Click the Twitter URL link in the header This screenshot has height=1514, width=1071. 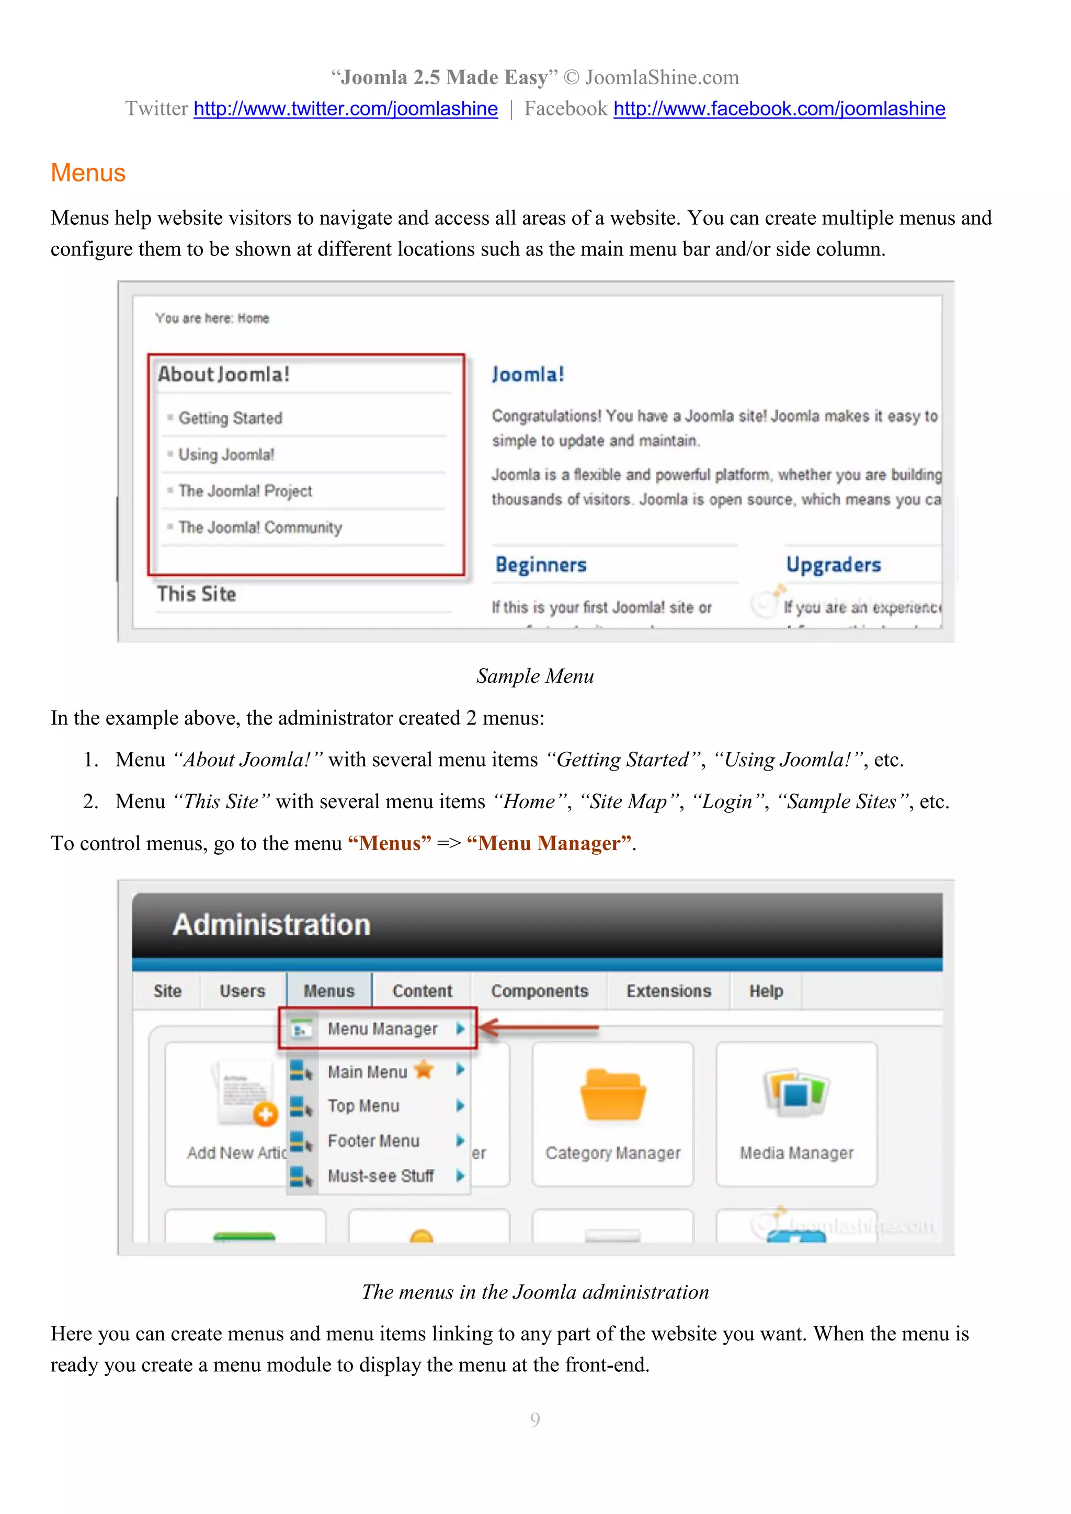point(346,109)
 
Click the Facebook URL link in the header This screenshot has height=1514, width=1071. point(779,109)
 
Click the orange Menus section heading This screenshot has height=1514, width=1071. point(88,173)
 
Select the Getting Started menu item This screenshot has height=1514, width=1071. point(230,418)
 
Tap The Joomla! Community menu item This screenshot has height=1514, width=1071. point(260,527)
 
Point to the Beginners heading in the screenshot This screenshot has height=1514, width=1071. point(541,565)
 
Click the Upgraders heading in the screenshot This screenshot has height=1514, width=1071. point(833,565)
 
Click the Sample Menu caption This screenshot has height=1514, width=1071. point(535,676)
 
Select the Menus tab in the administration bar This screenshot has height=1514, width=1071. point(328,991)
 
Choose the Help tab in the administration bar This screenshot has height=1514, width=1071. point(766,991)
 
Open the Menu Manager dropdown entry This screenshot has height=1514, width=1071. point(382,1029)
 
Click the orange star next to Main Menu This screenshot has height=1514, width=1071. point(424,1070)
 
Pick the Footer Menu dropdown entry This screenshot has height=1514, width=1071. point(373,1141)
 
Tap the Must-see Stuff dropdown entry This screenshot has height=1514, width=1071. point(381,1176)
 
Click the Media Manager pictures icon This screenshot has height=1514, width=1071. point(796,1091)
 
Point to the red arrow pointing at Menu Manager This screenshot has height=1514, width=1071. point(538,1027)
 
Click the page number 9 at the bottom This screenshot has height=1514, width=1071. point(535,1419)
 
